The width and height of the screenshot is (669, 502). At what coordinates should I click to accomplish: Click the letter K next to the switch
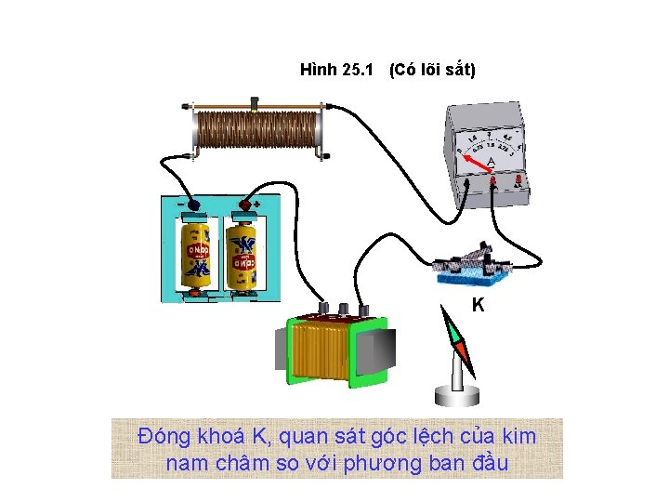click(477, 304)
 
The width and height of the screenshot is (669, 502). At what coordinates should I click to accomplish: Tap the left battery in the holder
click(197, 253)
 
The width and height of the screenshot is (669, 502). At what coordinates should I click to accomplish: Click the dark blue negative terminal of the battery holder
click(194, 205)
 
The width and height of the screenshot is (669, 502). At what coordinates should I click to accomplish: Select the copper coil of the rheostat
click(255, 132)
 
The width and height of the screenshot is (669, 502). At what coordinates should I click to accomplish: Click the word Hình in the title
click(320, 70)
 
